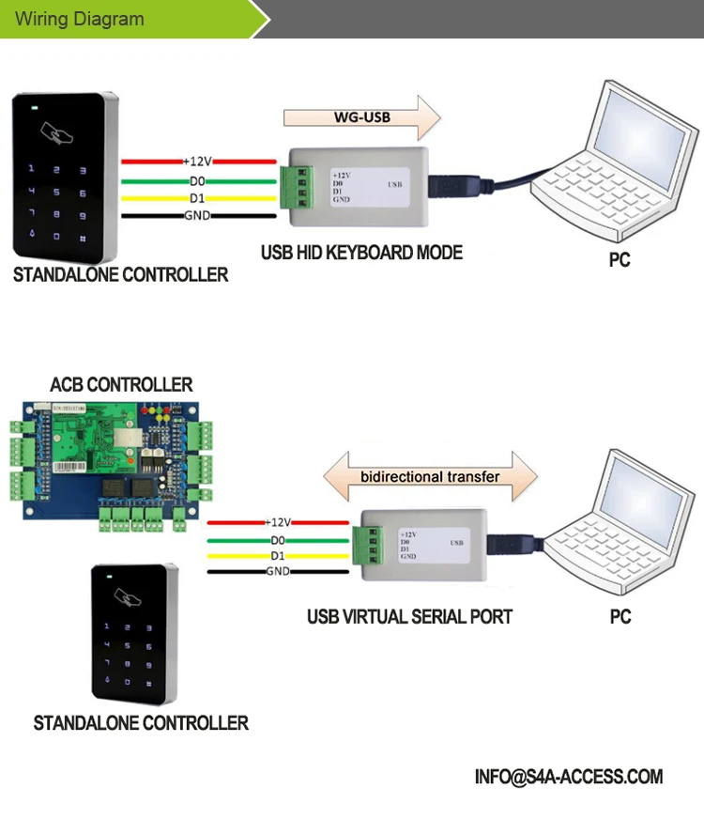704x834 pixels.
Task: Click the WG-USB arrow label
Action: [362, 118]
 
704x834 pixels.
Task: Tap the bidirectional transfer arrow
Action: [430, 476]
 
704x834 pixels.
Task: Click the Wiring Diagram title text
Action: [80, 19]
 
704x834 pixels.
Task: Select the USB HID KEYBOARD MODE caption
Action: [361, 253]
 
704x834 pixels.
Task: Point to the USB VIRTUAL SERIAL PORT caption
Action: [409, 617]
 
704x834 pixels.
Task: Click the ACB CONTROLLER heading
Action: [121, 385]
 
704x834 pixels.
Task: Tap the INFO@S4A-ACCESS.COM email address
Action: [569, 777]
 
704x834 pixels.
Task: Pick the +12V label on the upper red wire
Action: [198, 162]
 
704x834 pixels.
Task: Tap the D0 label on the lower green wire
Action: [277, 540]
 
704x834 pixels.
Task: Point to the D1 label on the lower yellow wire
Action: [277, 556]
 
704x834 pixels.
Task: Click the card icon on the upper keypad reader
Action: [62, 134]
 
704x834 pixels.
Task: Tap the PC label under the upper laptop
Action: [620, 260]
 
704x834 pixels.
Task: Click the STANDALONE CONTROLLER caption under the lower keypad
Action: [141, 723]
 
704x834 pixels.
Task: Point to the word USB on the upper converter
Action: [396, 186]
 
